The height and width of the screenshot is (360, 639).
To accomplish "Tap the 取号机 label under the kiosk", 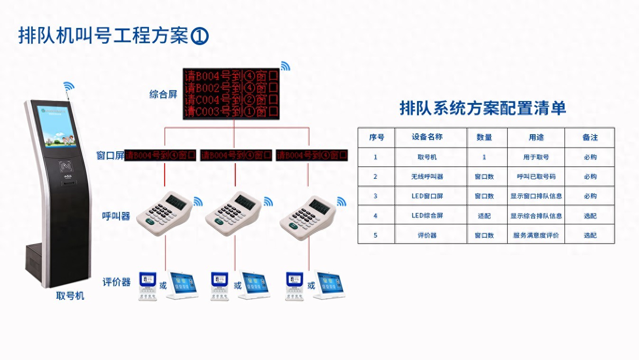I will pyautogui.click(x=70, y=296).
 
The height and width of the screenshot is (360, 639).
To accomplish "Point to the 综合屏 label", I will pyautogui.click(x=163, y=94).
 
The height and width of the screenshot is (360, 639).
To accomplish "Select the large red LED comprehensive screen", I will pyautogui.click(x=232, y=93).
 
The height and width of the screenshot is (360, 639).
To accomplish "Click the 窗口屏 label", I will pyautogui.click(x=110, y=155).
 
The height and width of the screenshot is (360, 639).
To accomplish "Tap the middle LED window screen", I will pyautogui.click(x=236, y=155).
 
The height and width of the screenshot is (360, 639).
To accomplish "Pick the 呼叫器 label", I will pyautogui.click(x=116, y=216).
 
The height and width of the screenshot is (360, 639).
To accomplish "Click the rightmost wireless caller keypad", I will pyautogui.click(x=308, y=217).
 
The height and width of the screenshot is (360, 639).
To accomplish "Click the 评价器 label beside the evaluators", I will pyautogui.click(x=116, y=282).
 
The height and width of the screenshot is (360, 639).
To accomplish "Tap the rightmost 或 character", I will pyautogui.click(x=311, y=286).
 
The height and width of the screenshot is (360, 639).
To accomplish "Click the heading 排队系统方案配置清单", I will pyautogui.click(x=483, y=108).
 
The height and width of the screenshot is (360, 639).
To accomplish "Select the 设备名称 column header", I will pyautogui.click(x=427, y=137).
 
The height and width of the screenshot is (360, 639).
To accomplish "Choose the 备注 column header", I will pyautogui.click(x=590, y=138).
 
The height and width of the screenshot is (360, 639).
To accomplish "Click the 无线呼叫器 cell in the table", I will pyautogui.click(x=427, y=176).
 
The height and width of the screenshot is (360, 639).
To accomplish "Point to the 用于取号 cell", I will pyautogui.click(x=536, y=157).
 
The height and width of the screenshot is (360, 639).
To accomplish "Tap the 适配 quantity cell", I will pyautogui.click(x=484, y=216).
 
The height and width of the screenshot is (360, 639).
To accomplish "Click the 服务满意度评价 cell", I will pyautogui.click(x=536, y=235).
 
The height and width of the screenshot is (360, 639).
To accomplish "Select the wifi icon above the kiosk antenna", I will pyautogui.click(x=69, y=86).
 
